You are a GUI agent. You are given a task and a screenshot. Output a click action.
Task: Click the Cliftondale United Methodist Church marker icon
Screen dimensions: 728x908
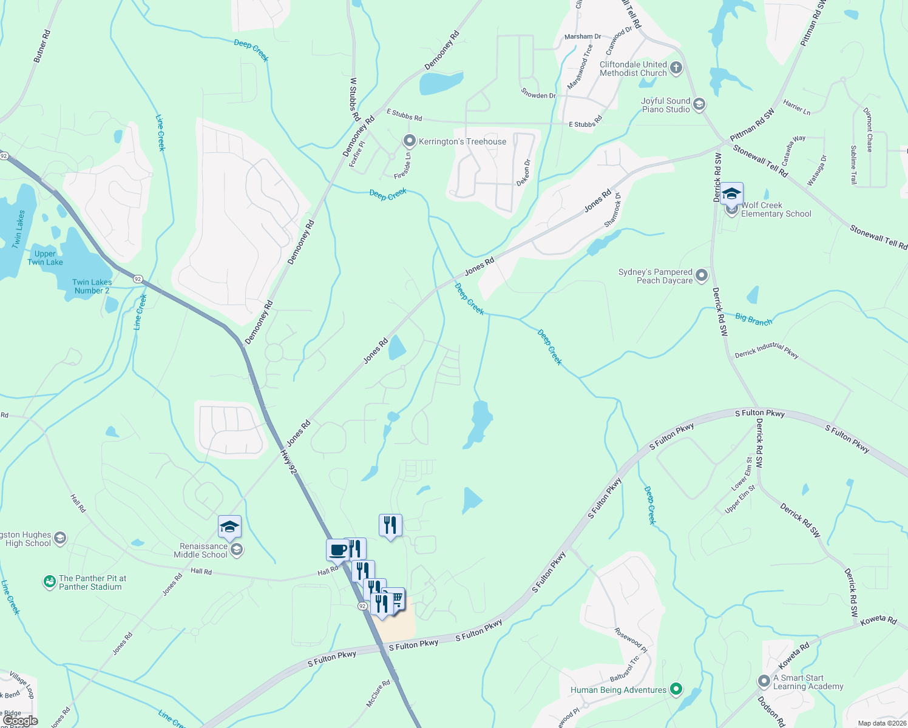[676, 68]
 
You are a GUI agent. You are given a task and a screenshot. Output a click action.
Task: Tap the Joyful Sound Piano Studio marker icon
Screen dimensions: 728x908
[699, 105]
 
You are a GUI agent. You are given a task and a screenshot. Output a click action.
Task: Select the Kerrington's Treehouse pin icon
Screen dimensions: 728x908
[410, 141]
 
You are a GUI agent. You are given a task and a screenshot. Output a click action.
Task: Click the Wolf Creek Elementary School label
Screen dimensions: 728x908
[776, 210]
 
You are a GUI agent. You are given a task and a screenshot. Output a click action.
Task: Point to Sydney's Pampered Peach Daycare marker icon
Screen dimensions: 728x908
[702, 276]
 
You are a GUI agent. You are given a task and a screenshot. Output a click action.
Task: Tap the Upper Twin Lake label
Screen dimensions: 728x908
[45, 258]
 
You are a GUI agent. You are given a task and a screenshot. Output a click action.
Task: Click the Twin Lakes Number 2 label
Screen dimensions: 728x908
[92, 286]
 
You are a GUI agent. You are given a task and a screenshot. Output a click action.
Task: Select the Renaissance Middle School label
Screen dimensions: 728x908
[203, 550]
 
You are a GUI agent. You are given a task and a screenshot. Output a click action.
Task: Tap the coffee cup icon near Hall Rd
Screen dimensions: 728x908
[337, 550]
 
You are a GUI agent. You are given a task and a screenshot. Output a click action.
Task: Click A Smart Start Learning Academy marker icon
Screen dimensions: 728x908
[764, 681]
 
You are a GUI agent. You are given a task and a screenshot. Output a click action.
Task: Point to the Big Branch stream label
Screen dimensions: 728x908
[754, 320]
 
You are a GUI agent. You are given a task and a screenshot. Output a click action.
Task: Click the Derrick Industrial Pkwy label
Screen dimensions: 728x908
[767, 351]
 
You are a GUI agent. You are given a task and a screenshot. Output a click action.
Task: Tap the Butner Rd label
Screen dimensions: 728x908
[42, 47]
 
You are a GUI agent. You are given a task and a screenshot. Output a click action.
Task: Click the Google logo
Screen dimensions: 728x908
[20, 721]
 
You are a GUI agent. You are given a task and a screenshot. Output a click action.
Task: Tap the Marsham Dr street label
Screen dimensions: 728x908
[583, 36]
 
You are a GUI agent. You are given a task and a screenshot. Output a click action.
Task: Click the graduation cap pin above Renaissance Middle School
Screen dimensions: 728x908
[229, 527]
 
